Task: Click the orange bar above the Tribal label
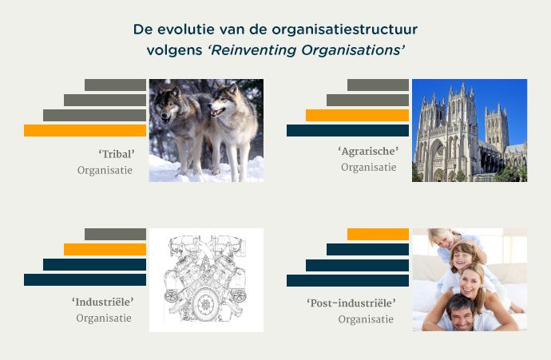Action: [x=85, y=130]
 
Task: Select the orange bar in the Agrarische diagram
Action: [x=357, y=115]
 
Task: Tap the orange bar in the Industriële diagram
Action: [x=105, y=249]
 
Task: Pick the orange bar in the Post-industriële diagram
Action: [x=378, y=234]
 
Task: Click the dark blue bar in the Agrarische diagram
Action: [x=347, y=130]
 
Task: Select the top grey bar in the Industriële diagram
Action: [x=115, y=234]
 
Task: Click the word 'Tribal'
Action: [x=117, y=154]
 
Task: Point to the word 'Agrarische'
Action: [x=368, y=152]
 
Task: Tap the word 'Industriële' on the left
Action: [x=103, y=302]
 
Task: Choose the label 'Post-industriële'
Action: [x=351, y=303]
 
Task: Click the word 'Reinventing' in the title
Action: [x=254, y=50]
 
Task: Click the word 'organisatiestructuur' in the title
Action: [x=345, y=30]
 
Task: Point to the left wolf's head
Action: [x=166, y=105]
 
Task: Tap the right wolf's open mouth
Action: [x=218, y=112]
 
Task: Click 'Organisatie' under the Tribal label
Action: [x=105, y=171]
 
